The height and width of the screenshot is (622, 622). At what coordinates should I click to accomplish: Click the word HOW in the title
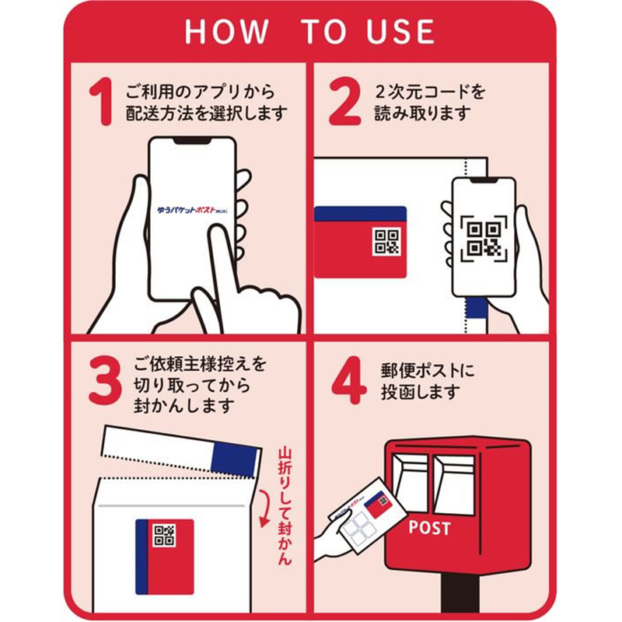click(x=226, y=31)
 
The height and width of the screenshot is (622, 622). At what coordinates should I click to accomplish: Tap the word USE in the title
click(x=400, y=31)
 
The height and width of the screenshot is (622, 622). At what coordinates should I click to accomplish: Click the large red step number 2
click(x=344, y=102)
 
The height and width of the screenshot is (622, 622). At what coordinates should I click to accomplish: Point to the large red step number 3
click(x=105, y=380)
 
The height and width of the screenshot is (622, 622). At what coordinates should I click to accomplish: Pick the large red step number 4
click(x=348, y=380)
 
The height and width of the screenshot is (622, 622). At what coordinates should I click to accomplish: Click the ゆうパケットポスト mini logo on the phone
click(x=192, y=210)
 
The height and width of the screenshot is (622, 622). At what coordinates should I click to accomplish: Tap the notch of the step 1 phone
click(x=192, y=142)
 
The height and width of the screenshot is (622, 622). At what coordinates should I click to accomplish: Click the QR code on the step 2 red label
click(x=386, y=242)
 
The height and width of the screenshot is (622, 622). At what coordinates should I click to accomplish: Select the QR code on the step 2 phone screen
click(x=484, y=239)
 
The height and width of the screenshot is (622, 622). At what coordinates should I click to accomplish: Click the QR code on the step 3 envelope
click(x=164, y=535)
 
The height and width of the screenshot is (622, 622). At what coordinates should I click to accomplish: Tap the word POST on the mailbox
click(x=430, y=528)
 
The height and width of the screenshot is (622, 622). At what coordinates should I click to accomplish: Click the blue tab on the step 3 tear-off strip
click(x=235, y=460)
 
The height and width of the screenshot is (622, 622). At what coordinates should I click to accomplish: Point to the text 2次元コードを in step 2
click(x=430, y=92)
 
